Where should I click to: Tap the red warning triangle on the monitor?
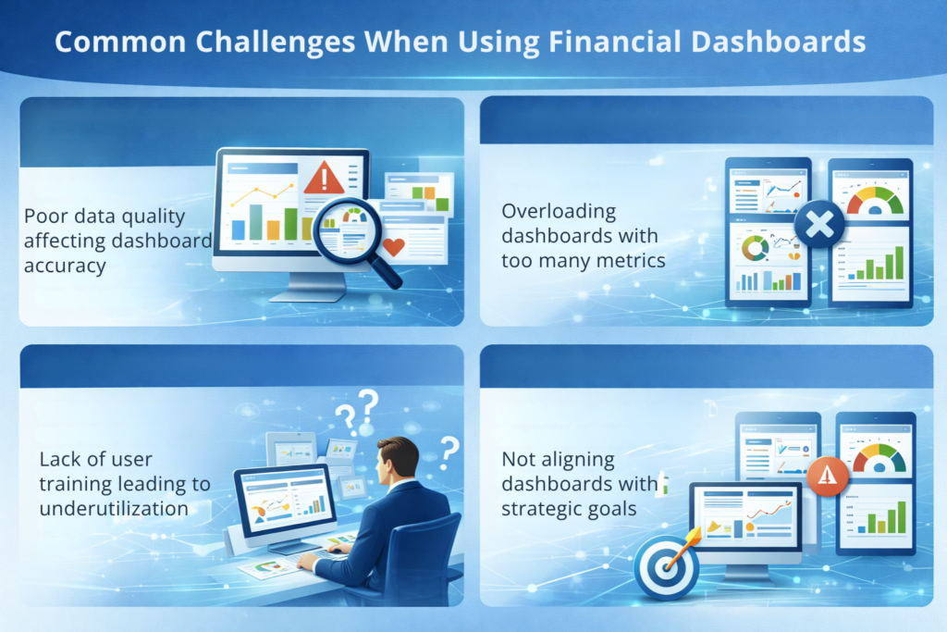(323, 177)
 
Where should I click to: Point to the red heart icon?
(393, 247)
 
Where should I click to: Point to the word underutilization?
(114, 508)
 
